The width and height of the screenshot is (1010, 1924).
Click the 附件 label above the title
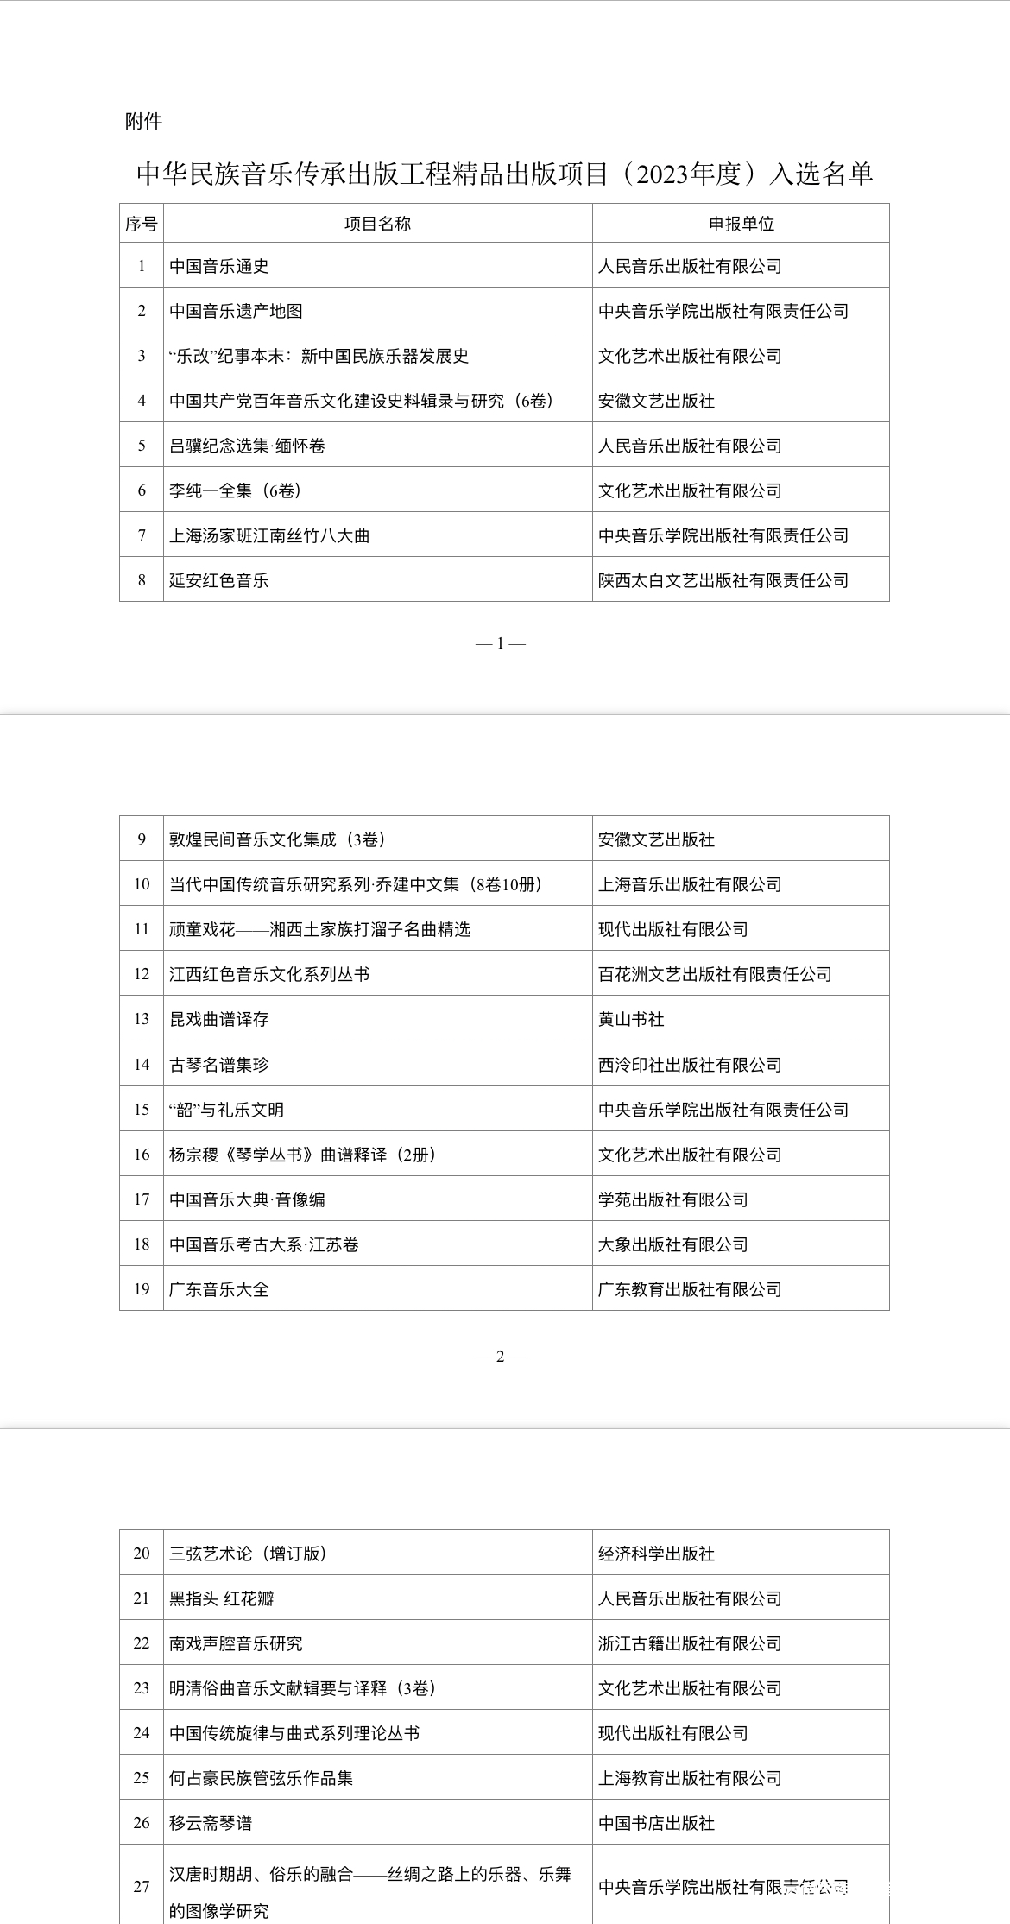tap(143, 121)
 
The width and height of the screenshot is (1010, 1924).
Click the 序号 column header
tap(141, 224)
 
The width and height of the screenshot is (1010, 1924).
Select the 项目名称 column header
tap(377, 224)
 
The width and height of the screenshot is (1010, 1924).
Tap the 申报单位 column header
tap(741, 224)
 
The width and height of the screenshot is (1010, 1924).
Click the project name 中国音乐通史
tap(219, 266)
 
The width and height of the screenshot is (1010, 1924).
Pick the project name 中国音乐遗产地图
tap(236, 311)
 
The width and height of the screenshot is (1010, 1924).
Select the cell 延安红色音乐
tap(219, 580)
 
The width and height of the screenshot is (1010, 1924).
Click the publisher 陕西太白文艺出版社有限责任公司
tap(723, 580)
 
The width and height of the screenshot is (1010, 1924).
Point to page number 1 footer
tap(500, 643)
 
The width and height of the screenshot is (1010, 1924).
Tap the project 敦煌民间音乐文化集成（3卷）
tap(277, 839)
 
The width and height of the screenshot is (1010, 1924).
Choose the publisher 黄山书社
tap(631, 1019)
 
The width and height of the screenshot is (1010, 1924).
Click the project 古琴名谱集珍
tap(219, 1065)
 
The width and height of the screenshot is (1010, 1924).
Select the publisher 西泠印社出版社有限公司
tap(690, 1065)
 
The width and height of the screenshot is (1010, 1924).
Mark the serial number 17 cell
tap(142, 1199)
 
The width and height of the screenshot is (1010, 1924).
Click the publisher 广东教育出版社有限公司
tap(690, 1289)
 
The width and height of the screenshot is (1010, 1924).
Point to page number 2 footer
tap(500, 1357)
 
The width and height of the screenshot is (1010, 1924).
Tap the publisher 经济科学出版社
tap(656, 1554)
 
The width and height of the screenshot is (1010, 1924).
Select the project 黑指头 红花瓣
tap(222, 1598)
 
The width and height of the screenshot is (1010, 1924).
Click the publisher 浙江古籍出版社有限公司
tap(690, 1643)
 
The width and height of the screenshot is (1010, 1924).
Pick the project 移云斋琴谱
tap(211, 1823)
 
